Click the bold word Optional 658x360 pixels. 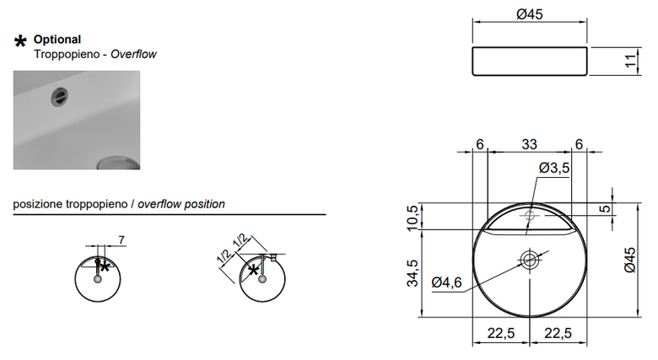(x=57, y=40)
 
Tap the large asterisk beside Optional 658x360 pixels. (x=20, y=41)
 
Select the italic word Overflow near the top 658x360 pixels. (x=133, y=54)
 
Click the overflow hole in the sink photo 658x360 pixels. (x=59, y=98)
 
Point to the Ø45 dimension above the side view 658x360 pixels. (x=530, y=14)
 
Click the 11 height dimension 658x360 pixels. (x=630, y=61)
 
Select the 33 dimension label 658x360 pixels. (x=529, y=144)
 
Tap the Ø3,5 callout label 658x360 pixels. (x=554, y=168)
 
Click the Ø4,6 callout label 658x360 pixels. (x=446, y=282)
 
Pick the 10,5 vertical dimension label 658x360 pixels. (x=413, y=218)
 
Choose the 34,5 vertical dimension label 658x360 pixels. (x=413, y=273)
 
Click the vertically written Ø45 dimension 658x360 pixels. (x=630, y=261)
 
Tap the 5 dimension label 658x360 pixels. (x=605, y=208)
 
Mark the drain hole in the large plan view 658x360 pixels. (x=530, y=260)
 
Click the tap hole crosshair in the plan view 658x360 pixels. (x=530, y=216)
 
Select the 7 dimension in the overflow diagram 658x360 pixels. (x=121, y=240)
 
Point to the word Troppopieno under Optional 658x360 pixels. (x=67, y=55)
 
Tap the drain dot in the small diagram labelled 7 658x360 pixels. (x=98, y=279)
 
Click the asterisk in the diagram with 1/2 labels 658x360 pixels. (x=253, y=270)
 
